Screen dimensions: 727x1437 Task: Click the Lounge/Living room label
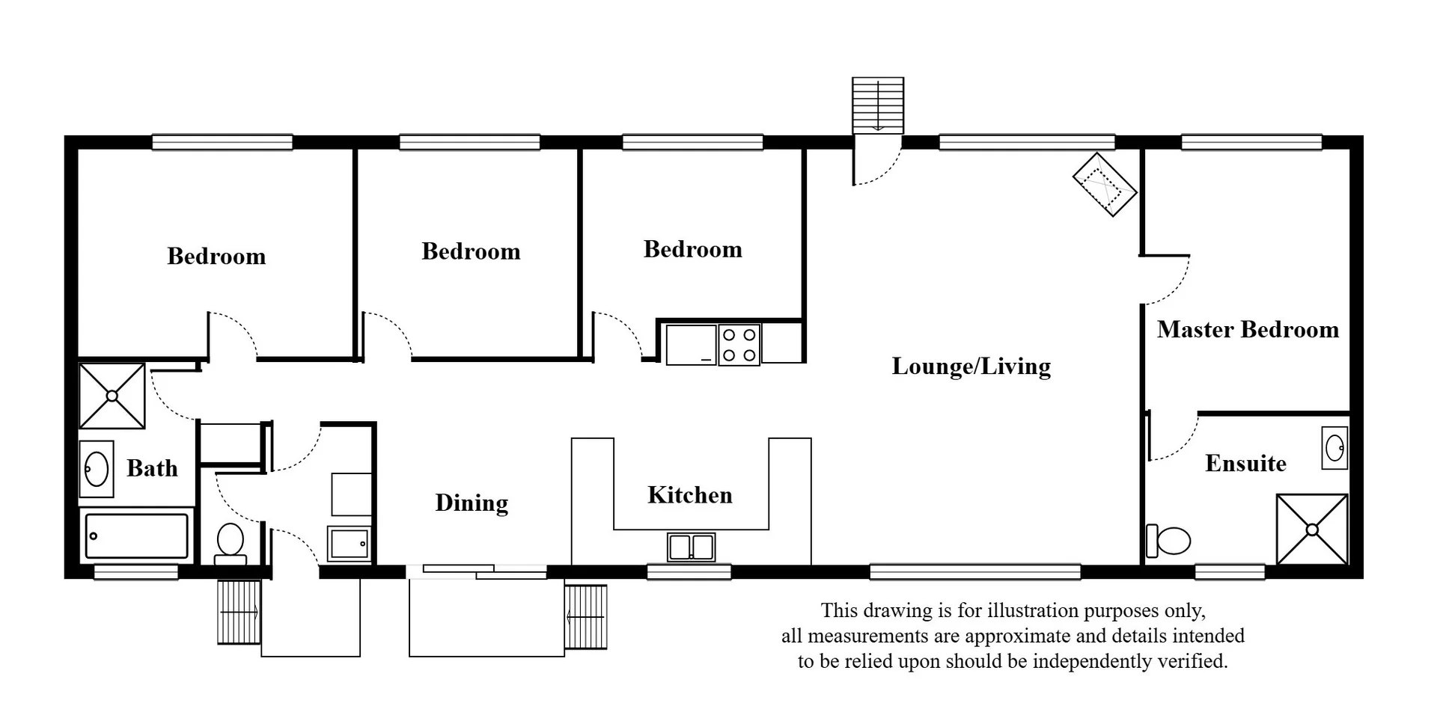tap(971, 366)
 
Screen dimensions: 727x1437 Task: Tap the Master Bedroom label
tap(1248, 330)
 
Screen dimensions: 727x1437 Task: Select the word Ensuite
tap(1245, 464)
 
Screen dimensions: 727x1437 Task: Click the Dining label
tap(472, 503)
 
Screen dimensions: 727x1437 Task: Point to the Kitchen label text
tap(689, 495)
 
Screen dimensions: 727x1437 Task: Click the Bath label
tap(152, 468)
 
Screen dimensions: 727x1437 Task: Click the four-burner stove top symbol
tap(739, 345)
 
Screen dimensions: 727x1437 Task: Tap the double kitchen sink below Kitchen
tap(691, 547)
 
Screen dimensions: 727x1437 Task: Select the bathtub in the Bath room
tap(136, 536)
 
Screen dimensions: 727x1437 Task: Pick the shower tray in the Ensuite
tap(1311, 529)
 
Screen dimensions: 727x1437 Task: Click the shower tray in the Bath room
tap(112, 396)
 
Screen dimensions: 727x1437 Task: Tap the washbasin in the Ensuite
tap(1334, 448)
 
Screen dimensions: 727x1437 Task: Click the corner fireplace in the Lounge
tap(1105, 184)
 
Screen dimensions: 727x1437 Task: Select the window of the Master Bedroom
tap(1251, 142)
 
